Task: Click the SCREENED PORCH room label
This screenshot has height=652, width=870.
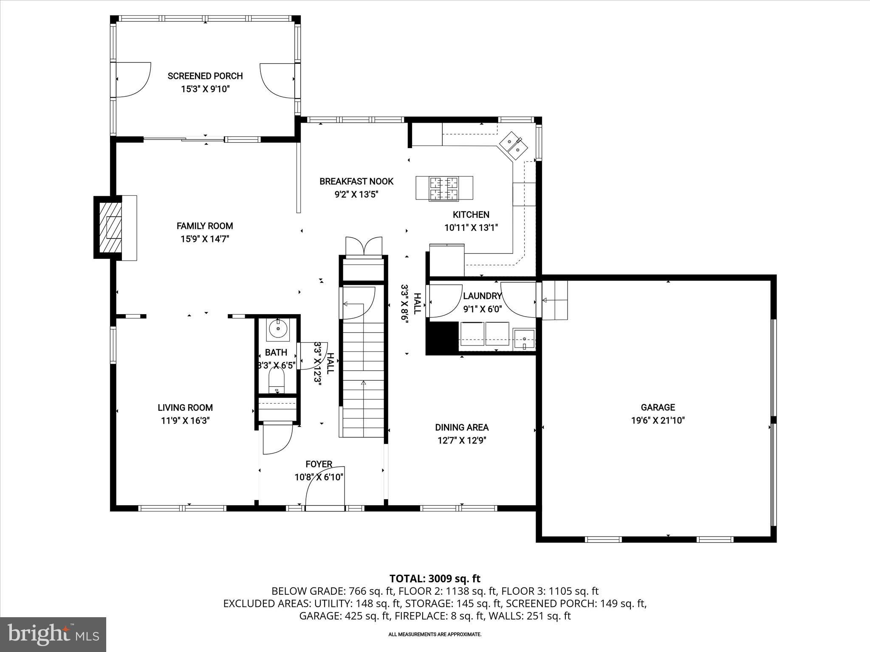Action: [205, 76]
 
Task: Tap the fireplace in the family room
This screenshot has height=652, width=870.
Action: [111, 228]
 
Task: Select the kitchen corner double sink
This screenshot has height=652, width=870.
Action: [514, 146]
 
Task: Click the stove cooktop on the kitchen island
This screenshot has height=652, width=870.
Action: [444, 188]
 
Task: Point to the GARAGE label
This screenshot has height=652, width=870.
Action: [658, 407]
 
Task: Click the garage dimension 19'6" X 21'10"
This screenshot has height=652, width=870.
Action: [658, 421]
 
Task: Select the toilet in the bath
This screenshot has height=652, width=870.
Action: [277, 380]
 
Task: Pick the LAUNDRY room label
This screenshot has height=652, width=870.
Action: [482, 296]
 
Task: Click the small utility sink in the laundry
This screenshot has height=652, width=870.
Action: [524, 339]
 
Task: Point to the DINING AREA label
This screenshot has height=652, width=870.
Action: [462, 427]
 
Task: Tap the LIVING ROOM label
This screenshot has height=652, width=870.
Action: [185, 407]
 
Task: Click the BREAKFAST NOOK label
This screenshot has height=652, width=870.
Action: [356, 181]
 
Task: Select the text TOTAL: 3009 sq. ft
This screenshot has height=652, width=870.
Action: [435, 579]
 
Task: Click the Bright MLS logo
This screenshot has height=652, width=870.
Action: [53, 634]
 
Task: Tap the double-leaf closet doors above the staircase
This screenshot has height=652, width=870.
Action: [364, 247]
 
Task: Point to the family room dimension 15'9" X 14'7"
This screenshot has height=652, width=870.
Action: [205, 239]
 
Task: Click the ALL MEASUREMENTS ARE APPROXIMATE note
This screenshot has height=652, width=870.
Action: [435, 635]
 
